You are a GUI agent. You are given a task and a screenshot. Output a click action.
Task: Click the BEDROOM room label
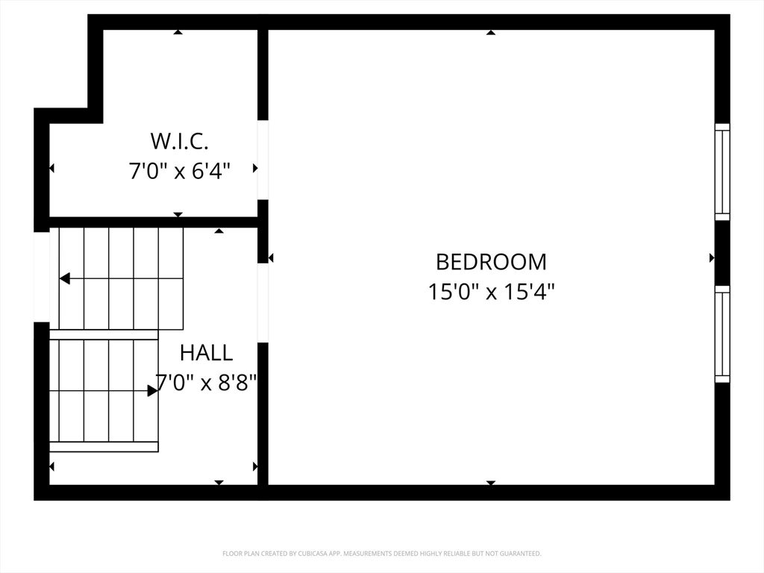tap(491, 262)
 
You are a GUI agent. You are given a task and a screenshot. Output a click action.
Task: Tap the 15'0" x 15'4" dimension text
tap(491, 292)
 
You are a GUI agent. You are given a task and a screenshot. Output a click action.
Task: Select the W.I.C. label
tap(179, 141)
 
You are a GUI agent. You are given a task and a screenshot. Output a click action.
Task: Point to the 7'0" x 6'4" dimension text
tap(179, 171)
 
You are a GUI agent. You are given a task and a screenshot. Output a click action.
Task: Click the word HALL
tap(206, 353)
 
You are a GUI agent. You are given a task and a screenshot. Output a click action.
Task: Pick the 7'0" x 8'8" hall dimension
tap(206, 383)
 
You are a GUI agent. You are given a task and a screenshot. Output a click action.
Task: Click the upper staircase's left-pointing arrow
tap(66, 278)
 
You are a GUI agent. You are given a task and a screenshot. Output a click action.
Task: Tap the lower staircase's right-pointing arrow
tap(152, 390)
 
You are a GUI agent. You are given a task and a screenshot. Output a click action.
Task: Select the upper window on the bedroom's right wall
tap(722, 172)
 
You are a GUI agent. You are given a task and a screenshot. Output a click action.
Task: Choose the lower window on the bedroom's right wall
tap(722, 334)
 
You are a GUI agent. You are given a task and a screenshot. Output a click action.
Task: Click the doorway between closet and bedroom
tap(263, 160)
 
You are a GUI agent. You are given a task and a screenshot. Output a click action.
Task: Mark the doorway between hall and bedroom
tap(263, 303)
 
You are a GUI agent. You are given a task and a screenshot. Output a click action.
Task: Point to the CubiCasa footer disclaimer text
tap(381, 554)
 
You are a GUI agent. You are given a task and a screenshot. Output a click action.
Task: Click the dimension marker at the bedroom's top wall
tap(491, 32)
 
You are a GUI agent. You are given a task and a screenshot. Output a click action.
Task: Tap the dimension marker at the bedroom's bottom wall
tap(491, 483)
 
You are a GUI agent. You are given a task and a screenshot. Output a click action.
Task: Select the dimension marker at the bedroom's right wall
tap(712, 257)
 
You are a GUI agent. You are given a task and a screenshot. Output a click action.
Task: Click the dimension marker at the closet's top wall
tap(178, 32)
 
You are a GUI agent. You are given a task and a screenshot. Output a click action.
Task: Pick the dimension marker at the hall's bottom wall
tap(219, 483)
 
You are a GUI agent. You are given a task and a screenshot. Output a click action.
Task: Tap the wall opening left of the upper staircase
tap(42, 277)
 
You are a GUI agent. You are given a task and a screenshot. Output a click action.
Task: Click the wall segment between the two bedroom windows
tap(722, 253)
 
